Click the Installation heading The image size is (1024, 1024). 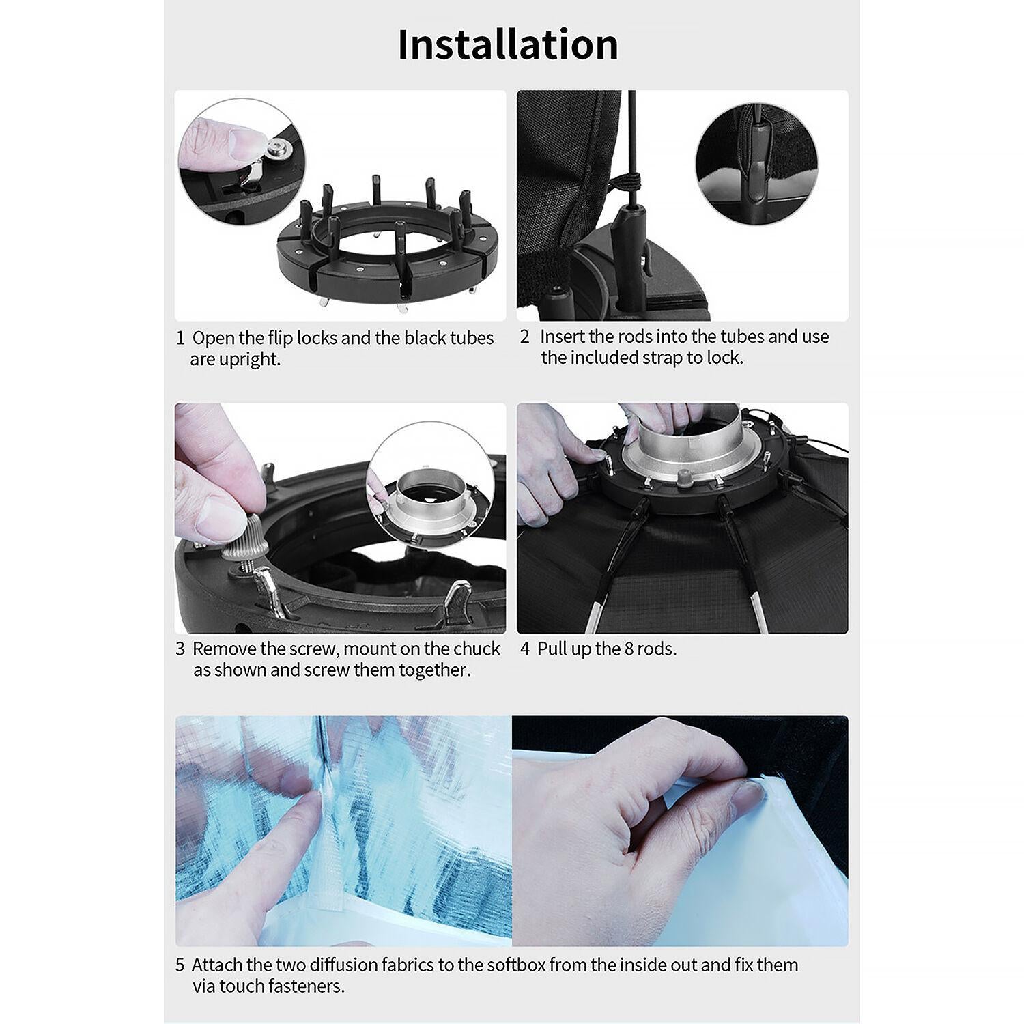coord(508,44)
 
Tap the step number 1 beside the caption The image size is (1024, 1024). coord(180,338)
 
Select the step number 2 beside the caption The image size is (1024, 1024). coord(524,337)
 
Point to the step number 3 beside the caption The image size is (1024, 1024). coord(180,649)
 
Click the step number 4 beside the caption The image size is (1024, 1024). coord(525,649)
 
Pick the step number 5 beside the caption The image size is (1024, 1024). coord(180,965)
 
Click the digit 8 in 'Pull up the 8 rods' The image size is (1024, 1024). coord(630,649)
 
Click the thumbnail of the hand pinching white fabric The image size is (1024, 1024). coord(681,831)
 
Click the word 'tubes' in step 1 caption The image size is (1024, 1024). coord(472,338)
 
